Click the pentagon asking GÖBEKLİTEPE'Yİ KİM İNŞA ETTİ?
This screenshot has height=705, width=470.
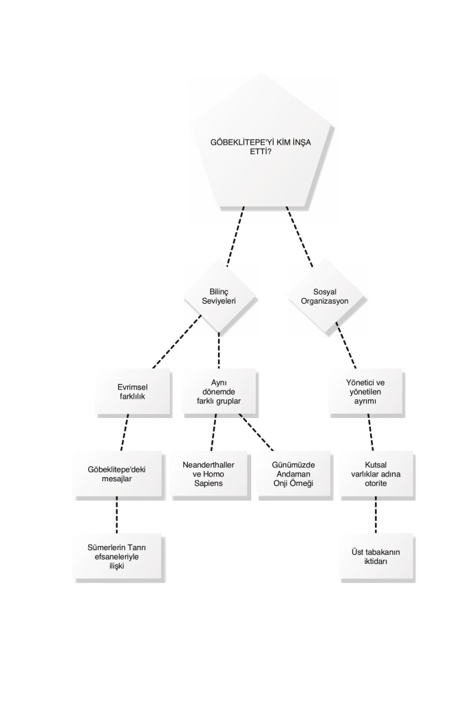point(261,144)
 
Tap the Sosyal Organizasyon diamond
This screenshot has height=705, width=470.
point(325,297)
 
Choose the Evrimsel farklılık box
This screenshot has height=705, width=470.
point(133,392)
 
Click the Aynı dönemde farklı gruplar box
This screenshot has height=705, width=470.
point(219,392)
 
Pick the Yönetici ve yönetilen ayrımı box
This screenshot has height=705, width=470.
point(365,392)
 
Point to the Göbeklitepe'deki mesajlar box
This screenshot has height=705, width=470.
point(117,474)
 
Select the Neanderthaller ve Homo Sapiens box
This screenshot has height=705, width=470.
point(209,474)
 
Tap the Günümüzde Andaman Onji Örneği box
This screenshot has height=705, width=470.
point(293,474)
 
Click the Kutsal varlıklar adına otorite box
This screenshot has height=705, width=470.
point(376,474)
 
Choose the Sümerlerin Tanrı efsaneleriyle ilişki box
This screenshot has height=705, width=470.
point(117,556)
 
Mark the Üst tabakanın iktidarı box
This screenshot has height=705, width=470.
point(376,556)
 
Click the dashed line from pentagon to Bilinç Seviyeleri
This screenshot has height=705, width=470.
point(235,237)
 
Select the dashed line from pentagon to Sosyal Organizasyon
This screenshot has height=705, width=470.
point(299,237)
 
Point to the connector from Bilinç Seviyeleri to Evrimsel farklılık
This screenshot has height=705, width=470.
point(177,341)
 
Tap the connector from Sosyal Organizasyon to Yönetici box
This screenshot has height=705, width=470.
point(346,346)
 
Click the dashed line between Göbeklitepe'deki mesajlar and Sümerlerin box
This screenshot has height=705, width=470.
point(117,515)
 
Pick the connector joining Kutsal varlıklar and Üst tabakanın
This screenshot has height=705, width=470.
point(376,515)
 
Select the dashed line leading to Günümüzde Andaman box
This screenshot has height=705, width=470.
point(256,432)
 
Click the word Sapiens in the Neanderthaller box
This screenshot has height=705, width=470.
point(209,483)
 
